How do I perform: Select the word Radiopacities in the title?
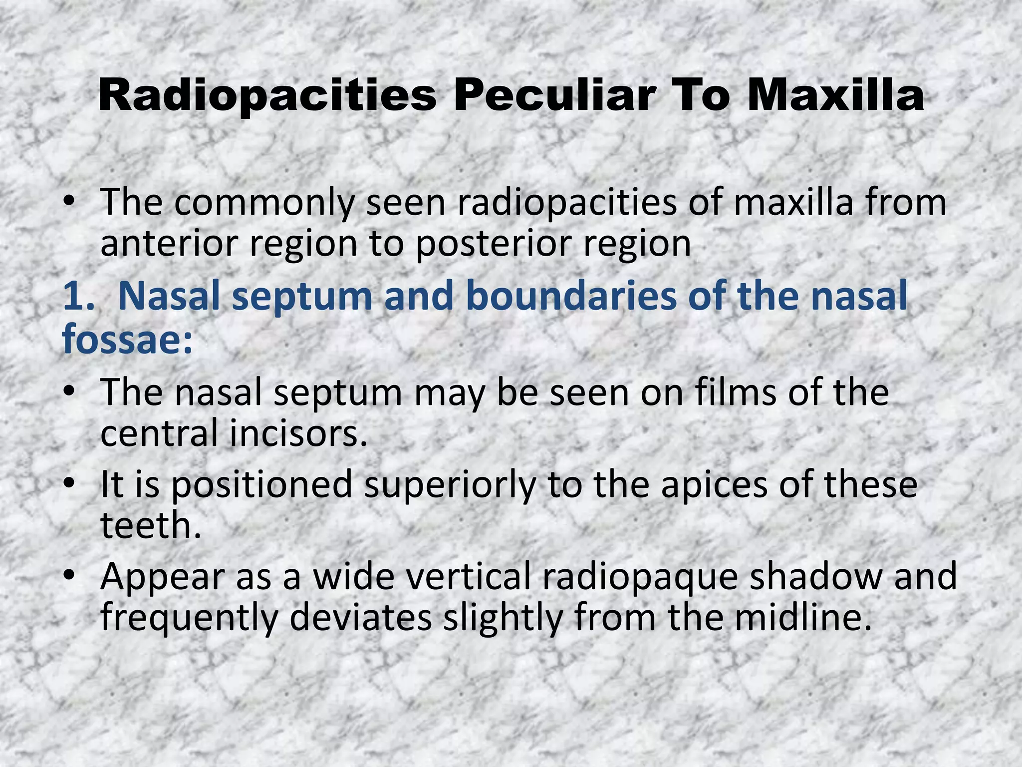[267, 96]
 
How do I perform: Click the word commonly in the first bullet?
[264, 204]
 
